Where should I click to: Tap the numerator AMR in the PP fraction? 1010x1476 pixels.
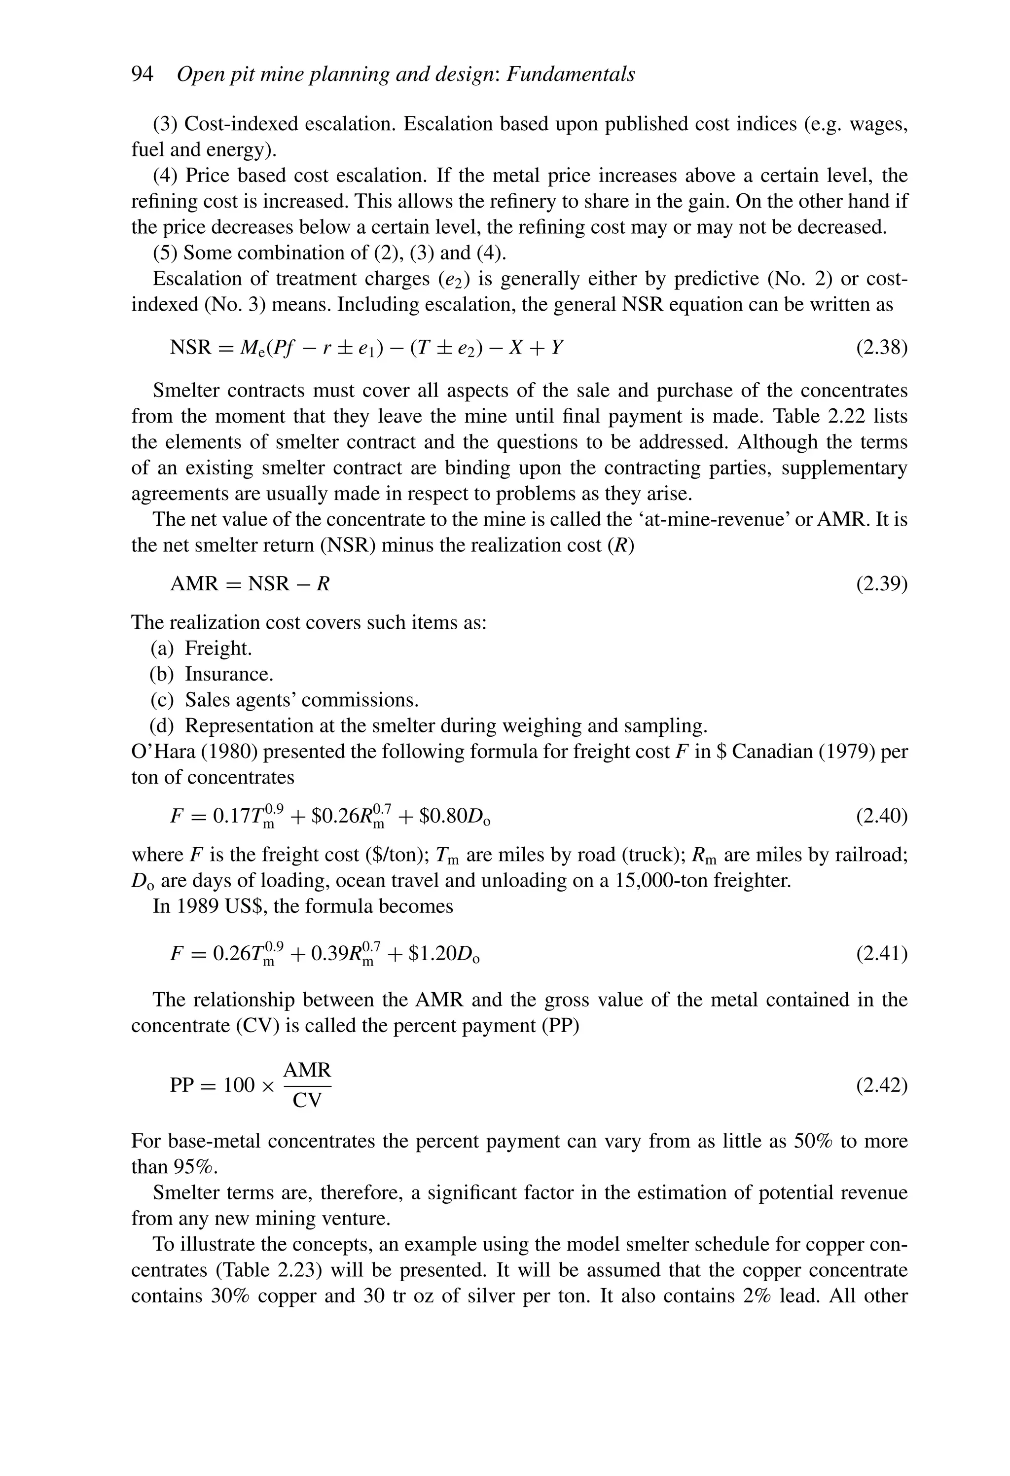pyautogui.click(x=307, y=1070)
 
